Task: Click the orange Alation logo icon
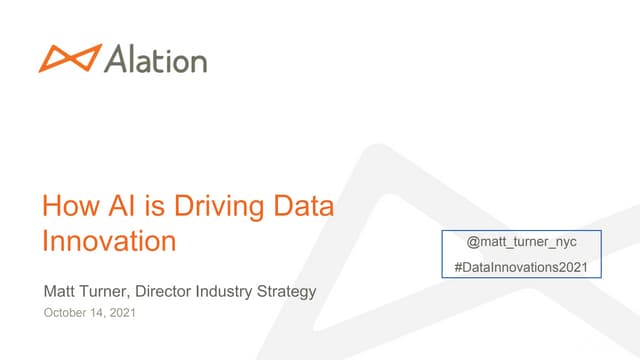pyautogui.click(x=70, y=58)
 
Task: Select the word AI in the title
pyautogui.click(x=118, y=207)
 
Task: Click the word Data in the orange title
pyautogui.click(x=301, y=207)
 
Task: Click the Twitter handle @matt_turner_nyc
pyautogui.click(x=515, y=243)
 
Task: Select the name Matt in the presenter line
pyautogui.click(x=58, y=292)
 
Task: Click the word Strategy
pyautogui.click(x=289, y=293)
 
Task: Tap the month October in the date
pyautogui.click(x=64, y=313)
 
